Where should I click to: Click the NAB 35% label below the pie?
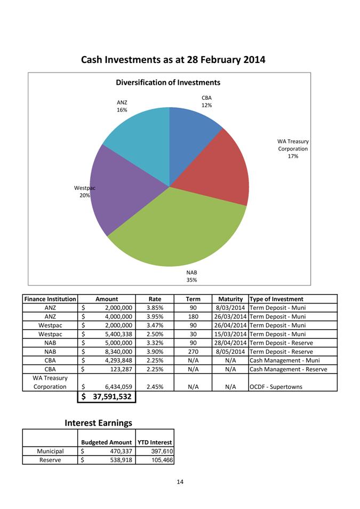(191, 276)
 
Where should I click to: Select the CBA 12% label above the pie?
(206, 101)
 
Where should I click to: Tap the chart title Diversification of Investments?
(168, 83)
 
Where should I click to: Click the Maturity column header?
(230, 299)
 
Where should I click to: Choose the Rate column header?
(155, 299)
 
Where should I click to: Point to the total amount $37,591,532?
(107, 396)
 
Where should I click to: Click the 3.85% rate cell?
(155, 308)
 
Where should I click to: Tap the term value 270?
(193, 352)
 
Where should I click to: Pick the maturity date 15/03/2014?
(229, 334)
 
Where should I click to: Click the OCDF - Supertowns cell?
(276, 387)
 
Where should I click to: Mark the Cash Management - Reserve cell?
(288, 369)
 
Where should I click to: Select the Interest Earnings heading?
(98, 423)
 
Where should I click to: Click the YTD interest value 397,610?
(162, 451)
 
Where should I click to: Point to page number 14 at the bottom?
(180, 482)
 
